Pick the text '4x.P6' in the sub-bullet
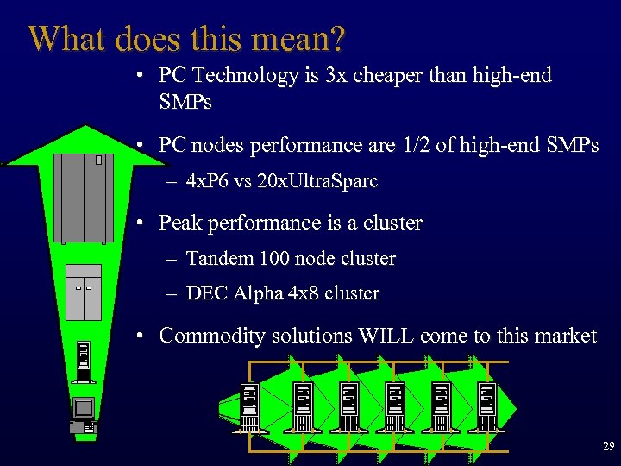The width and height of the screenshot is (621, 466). click(209, 182)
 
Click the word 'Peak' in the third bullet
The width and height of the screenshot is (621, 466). click(179, 223)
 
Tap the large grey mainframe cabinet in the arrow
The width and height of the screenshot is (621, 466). click(83, 198)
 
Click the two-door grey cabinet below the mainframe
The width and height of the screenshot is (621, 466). click(84, 292)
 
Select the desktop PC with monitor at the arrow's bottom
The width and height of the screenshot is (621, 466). click(84, 415)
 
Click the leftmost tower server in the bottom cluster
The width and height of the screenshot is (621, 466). click(250, 406)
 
